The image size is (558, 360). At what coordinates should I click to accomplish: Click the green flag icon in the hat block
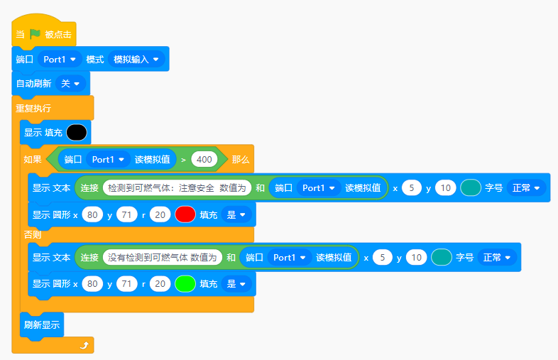pyautogui.click(x=35, y=34)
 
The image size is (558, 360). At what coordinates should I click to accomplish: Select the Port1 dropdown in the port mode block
pyautogui.click(x=60, y=60)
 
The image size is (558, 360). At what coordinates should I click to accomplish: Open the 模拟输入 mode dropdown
pyautogui.click(x=136, y=60)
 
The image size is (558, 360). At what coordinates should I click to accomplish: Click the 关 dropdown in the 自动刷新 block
pyautogui.click(x=70, y=84)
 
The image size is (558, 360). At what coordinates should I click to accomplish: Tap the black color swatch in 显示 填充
pyautogui.click(x=77, y=133)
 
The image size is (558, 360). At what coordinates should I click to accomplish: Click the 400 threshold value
pyautogui.click(x=204, y=160)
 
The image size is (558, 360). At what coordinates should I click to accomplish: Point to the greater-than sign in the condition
pyautogui.click(x=183, y=160)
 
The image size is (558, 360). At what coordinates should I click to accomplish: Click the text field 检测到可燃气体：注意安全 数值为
pyautogui.click(x=177, y=187)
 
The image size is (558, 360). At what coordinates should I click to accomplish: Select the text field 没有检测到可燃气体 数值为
pyautogui.click(x=163, y=258)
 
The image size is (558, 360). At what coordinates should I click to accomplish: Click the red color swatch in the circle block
pyautogui.click(x=185, y=214)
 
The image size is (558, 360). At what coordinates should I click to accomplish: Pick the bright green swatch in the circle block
pyautogui.click(x=185, y=284)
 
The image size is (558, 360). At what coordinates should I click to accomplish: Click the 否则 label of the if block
pyautogui.click(x=33, y=234)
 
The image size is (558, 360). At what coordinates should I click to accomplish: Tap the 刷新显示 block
pyautogui.click(x=42, y=324)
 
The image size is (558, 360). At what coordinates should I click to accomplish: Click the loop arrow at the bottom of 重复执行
pyautogui.click(x=84, y=345)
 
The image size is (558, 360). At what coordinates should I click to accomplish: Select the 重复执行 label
pyautogui.click(x=33, y=108)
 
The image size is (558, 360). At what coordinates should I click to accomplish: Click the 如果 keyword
pyautogui.click(x=33, y=160)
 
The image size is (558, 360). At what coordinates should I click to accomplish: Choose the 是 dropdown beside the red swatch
pyautogui.click(x=236, y=214)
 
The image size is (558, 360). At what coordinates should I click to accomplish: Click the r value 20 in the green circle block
pyautogui.click(x=160, y=284)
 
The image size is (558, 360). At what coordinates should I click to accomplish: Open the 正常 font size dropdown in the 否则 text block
pyautogui.click(x=497, y=258)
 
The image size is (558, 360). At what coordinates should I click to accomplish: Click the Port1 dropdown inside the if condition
pyautogui.click(x=108, y=160)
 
